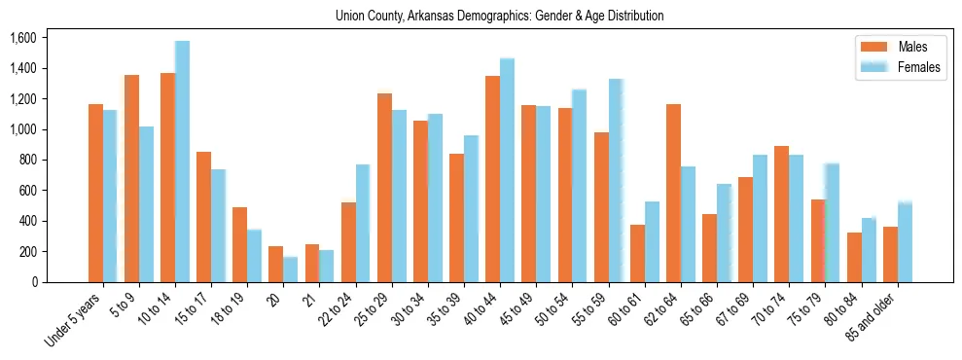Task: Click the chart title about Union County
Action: (499, 16)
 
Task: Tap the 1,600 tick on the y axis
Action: (22, 38)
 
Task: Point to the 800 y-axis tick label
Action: (27, 161)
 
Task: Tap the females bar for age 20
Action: (290, 270)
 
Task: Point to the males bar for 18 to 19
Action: (240, 244)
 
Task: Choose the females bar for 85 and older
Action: (905, 242)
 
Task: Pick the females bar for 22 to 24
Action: (363, 223)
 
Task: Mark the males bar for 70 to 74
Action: (781, 214)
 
